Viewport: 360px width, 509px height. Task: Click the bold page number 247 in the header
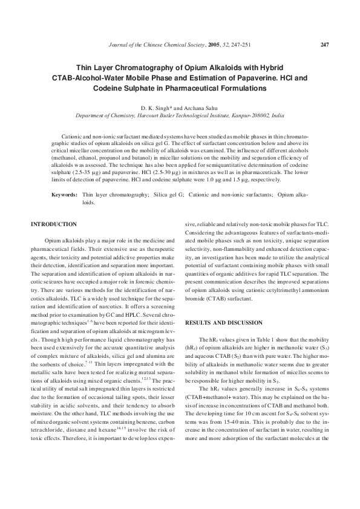tap(324, 44)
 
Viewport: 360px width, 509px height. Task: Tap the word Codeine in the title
tap(110, 88)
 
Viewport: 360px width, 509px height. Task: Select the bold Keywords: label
tap(64, 196)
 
